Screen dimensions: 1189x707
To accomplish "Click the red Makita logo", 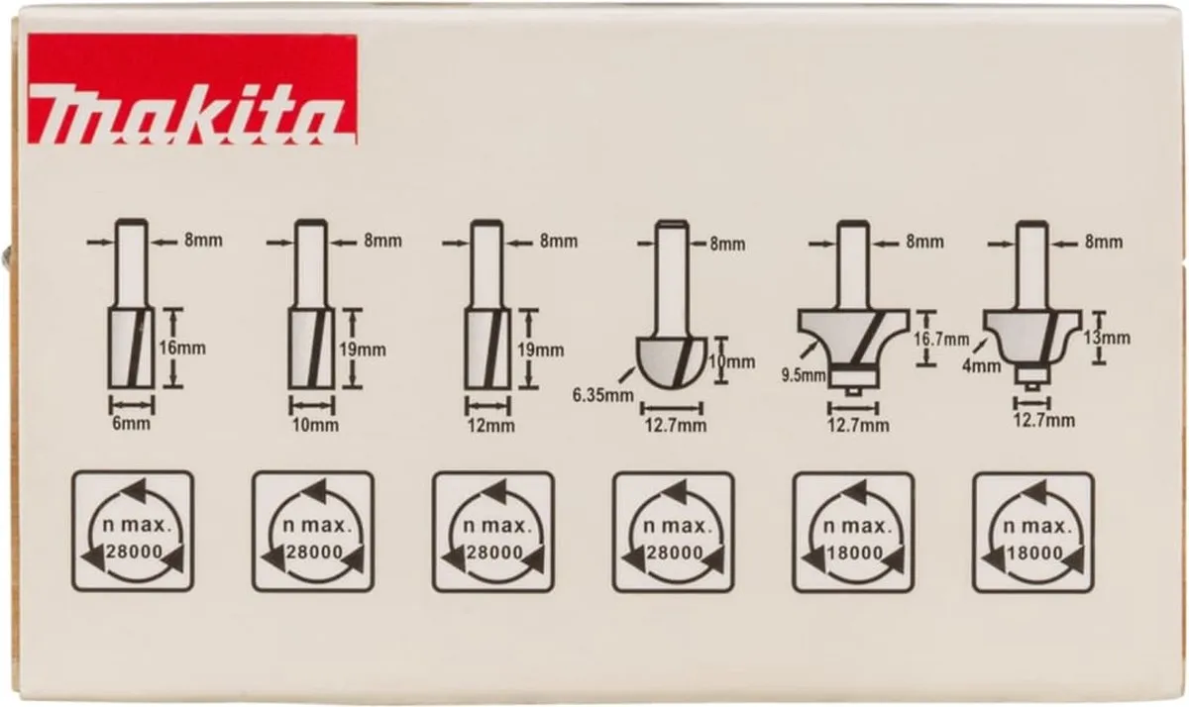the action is click(x=191, y=89).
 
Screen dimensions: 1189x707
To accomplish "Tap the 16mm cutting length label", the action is click(x=182, y=349).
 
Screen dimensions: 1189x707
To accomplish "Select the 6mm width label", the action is click(x=131, y=424).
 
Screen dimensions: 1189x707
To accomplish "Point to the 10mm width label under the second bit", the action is click(x=315, y=425).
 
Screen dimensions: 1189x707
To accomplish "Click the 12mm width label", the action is click(x=491, y=426).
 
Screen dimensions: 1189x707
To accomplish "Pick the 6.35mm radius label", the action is click(x=603, y=395).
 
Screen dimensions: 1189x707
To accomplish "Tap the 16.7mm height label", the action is click(x=941, y=339).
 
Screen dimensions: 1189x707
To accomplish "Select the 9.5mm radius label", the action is click(x=804, y=375).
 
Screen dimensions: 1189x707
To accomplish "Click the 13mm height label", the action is click(x=1106, y=338).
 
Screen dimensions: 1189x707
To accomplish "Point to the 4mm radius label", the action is click(x=982, y=365).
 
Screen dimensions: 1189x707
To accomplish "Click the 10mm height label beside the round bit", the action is click(x=732, y=362).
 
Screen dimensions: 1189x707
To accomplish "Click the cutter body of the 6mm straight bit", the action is click(x=132, y=348).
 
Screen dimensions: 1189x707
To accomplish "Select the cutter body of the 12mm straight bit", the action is click(x=487, y=349).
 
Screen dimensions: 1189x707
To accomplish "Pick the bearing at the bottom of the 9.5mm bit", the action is click(x=853, y=380).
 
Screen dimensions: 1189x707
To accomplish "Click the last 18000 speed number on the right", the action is click(x=1034, y=554).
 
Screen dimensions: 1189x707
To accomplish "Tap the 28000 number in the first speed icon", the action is click(x=135, y=552).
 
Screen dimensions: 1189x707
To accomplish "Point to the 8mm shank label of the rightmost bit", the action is click(x=1104, y=243).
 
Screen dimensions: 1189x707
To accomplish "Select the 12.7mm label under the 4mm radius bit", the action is click(x=1036, y=421).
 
